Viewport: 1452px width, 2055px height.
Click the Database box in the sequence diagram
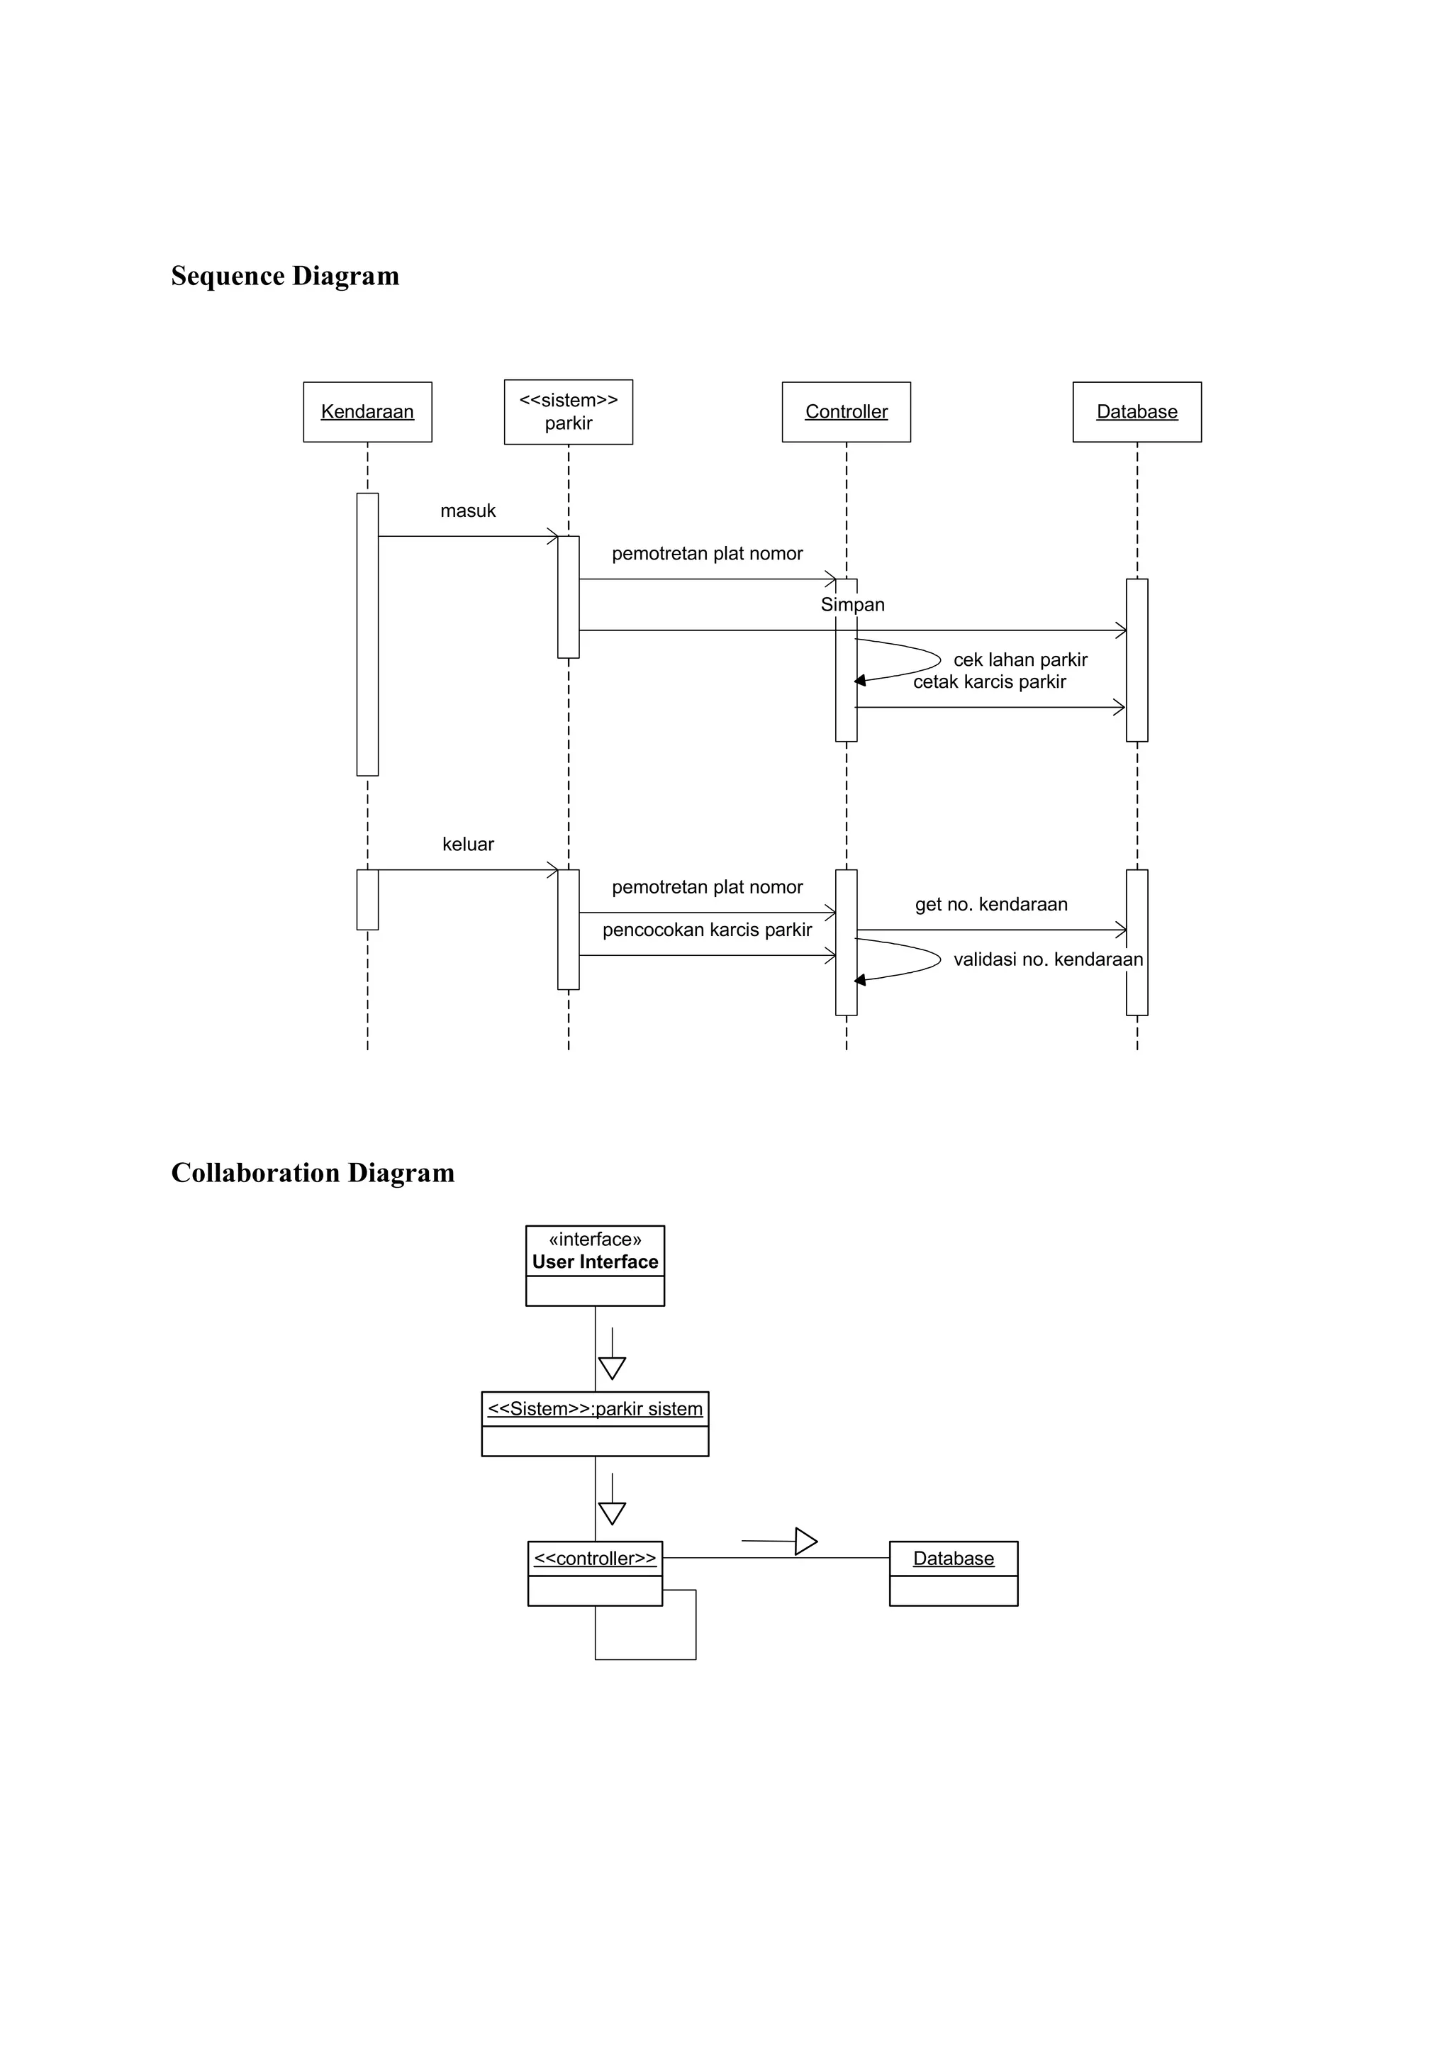1137,412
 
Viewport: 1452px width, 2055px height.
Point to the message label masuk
468,511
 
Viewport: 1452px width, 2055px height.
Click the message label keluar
468,844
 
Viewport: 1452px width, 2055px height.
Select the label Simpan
853,605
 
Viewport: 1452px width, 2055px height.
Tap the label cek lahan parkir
1020,659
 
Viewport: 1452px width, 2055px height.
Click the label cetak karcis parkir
990,682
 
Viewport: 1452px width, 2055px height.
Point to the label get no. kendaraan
991,904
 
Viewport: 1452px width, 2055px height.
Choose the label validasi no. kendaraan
1048,959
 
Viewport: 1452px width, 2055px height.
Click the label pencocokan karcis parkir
707,930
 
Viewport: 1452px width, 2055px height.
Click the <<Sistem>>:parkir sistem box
595,1422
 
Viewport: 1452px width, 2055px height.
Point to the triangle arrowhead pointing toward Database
805,1542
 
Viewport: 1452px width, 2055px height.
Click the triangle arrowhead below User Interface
612,1369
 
